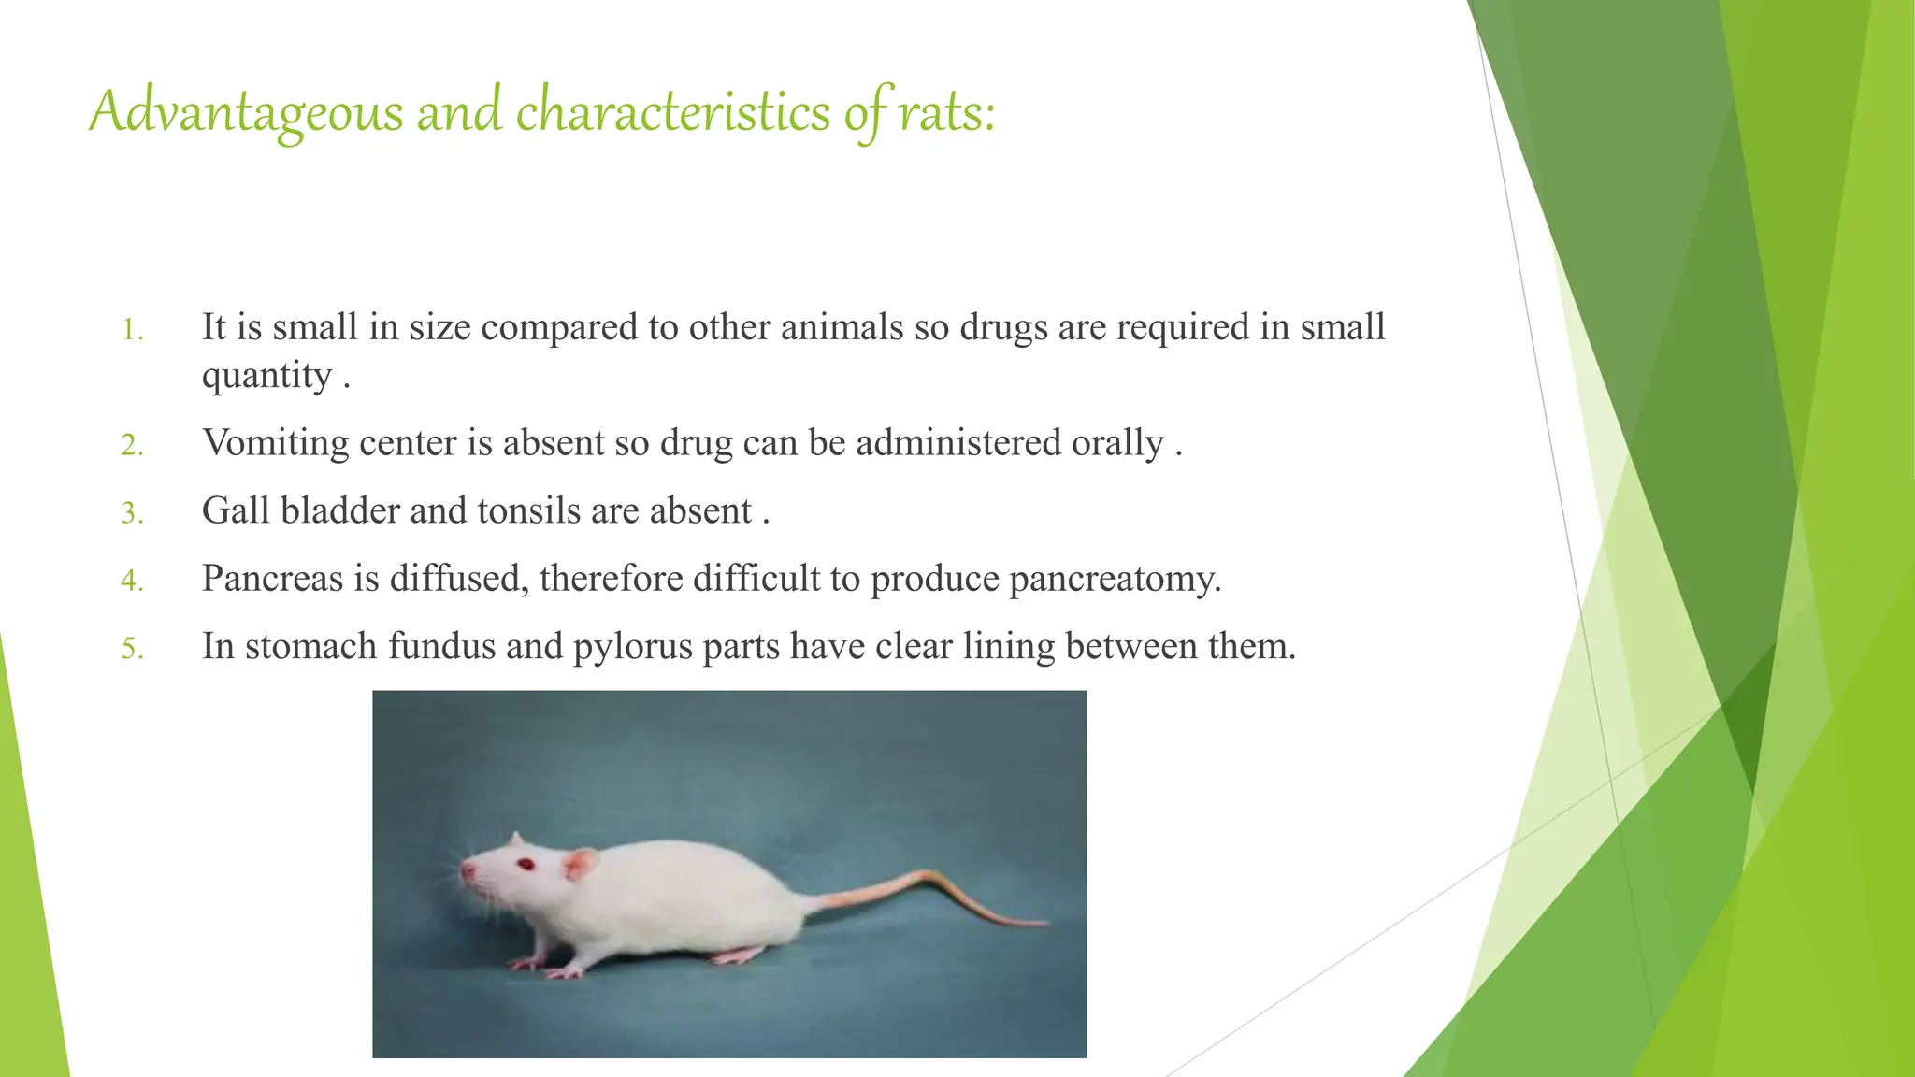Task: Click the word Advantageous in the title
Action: tap(246, 112)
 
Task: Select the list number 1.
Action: tap(132, 330)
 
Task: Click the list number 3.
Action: tap(132, 513)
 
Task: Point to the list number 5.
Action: tap(132, 649)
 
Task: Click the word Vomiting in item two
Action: tap(275, 443)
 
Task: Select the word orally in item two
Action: tap(1117, 443)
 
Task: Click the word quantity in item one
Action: tap(266, 377)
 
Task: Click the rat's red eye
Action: tap(526, 863)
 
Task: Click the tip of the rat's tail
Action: tap(1045, 925)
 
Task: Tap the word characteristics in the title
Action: tap(672, 112)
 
